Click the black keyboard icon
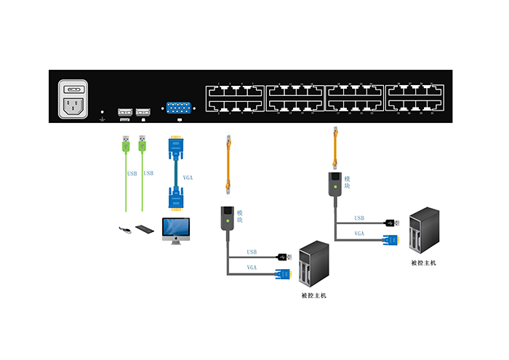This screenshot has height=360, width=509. (x=145, y=229)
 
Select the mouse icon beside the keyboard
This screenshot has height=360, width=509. (x=125, y=231)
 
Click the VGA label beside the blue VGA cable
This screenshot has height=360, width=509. (x=188, y=177)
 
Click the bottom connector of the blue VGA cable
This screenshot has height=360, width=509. (x=175, y=200)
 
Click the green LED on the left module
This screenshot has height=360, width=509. (x=227, y=220)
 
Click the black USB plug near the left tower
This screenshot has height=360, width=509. (x=284, y=257)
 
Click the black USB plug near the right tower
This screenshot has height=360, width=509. (x=392, y=222)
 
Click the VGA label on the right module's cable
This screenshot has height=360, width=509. (x=359, y=233)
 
